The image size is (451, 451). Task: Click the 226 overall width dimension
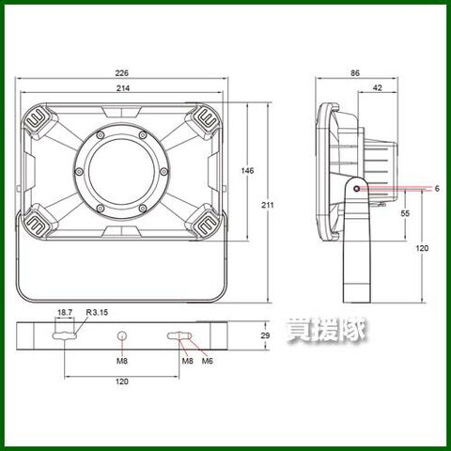pyautogui.click(x=122, y=73)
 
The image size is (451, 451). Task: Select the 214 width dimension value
pyautogui.click(x=123, y=88)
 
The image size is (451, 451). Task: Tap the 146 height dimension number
pyautogui.click(x=247, y=171)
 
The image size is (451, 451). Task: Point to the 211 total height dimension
pyautogui.click(x=268, y=205)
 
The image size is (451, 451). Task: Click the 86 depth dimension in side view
pyautogui.click(x=355, y=73)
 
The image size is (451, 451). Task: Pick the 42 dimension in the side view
pyautogui.click(x=378, y=88)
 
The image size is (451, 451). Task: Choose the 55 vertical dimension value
pyautogui.click(x=405, y=213)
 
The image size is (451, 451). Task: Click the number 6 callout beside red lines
pyautogui.click(x=437, y=189)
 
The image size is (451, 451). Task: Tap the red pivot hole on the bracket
pyautogui.click(x=356, y=189)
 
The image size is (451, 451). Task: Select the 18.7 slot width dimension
pyautogui.click(x=65, y=312)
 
